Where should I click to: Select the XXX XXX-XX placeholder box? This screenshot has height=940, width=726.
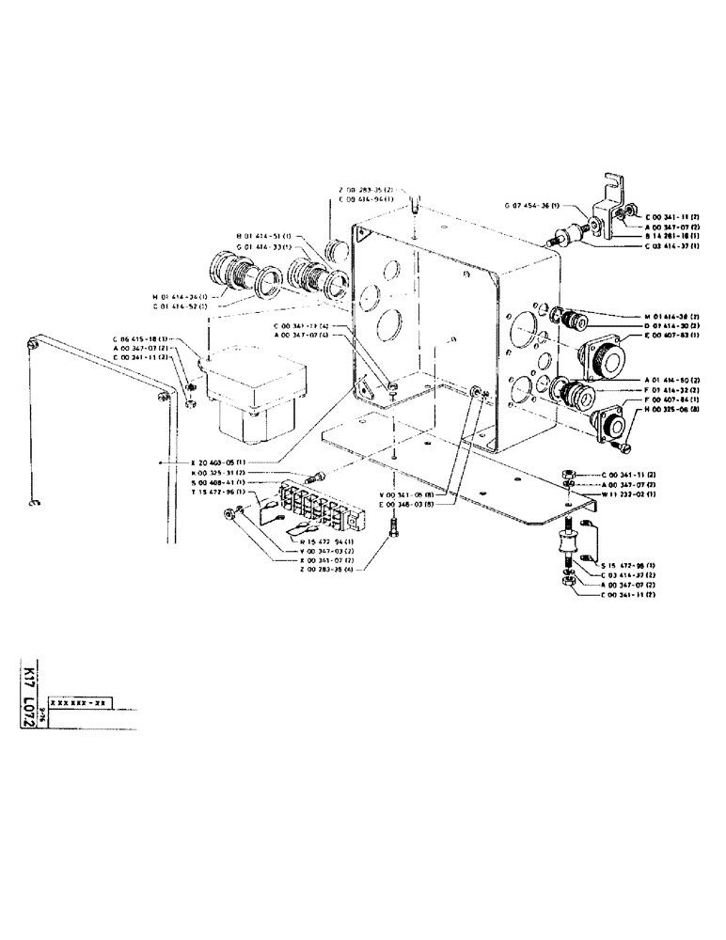(x=81, y=702)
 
